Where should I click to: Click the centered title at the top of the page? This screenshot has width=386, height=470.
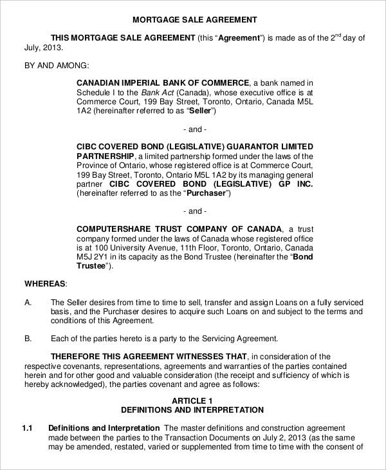pyautogui.click(x=193, y=19)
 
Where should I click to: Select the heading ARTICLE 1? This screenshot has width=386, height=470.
pyautogui.click(x=193, y=400)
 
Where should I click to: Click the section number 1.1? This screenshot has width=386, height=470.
pyautogui.click(x=28, y=428)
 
